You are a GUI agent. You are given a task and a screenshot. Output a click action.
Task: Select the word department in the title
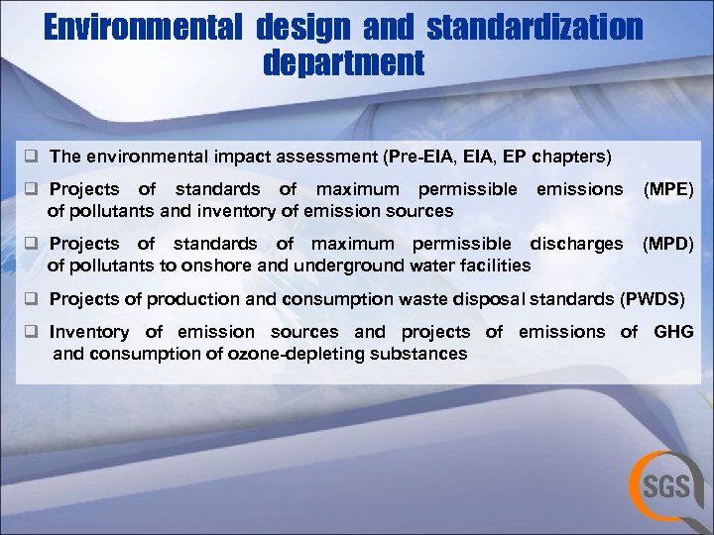coord(344,64)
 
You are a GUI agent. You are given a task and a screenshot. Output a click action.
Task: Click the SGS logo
coord(665,486)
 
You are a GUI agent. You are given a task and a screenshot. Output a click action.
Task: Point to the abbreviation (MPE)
coord(669,189)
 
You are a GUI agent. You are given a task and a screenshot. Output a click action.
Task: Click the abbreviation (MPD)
coord(669,244)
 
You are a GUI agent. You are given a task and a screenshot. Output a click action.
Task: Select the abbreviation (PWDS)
coord(654,298)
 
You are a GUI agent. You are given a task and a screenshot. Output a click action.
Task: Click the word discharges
coord(577,244)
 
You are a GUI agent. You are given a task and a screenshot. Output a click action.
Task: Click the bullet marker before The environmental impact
coord(33,157)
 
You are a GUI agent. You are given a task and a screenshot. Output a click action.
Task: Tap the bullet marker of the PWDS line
coord(33,298)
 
